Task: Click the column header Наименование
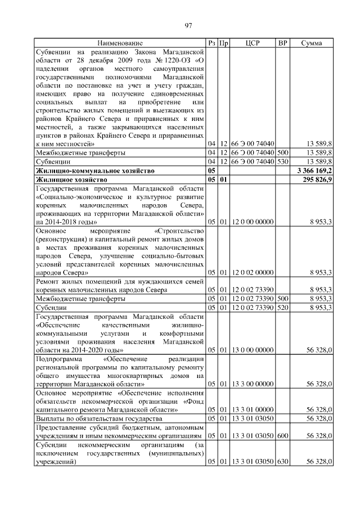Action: point(120,43)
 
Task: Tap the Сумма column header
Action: point(311,43)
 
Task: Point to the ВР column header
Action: point(283,43)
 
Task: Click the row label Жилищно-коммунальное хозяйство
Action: point(94,170)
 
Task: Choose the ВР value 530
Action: point(283,161)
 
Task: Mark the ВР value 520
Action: point(283,308)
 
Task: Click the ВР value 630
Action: point(283,462)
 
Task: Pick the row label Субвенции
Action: point(52,161)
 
